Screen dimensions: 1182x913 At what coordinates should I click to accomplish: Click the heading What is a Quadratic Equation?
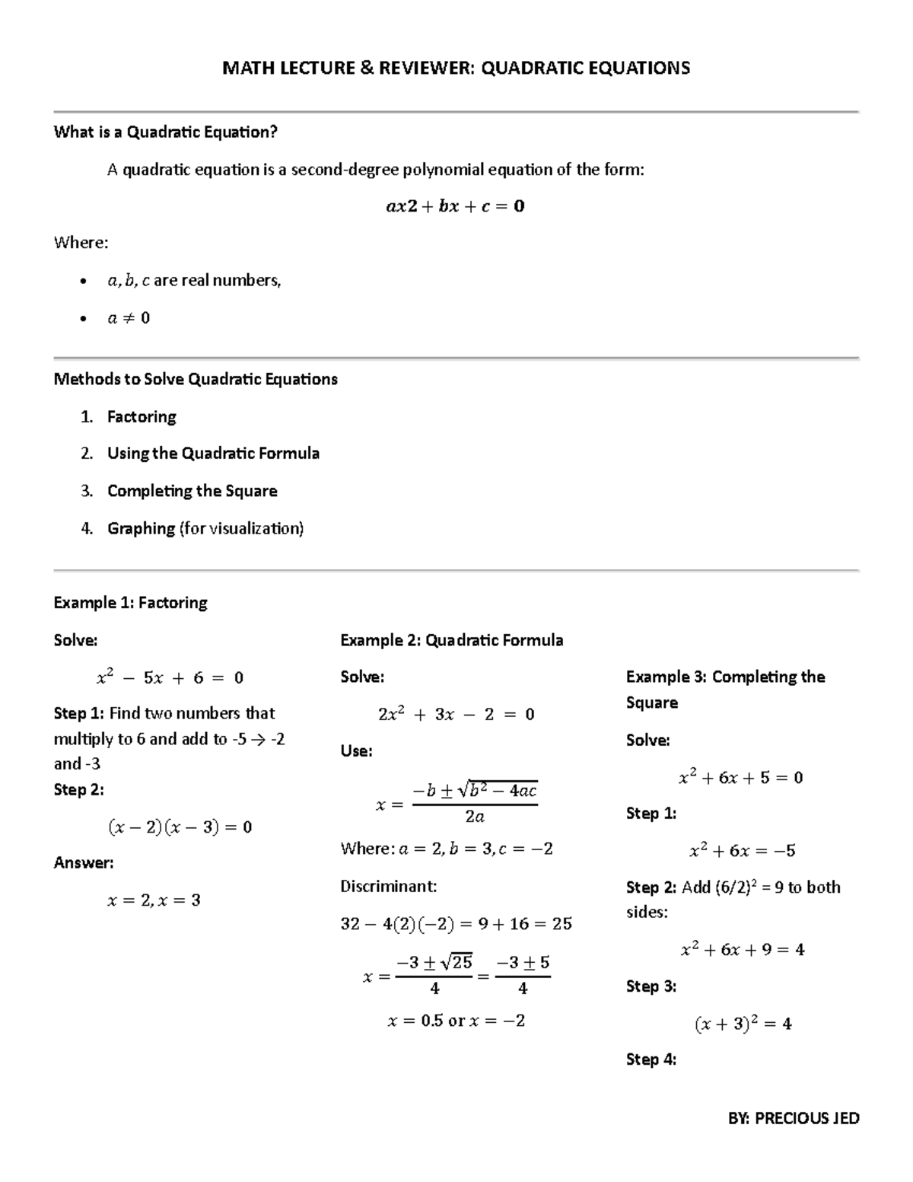165,132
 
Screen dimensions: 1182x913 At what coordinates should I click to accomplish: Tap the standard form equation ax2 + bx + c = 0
456,206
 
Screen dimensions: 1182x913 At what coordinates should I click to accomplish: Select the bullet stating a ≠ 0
129,318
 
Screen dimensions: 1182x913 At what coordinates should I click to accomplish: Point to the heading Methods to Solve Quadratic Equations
196,379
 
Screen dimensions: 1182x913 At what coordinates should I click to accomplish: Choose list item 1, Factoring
142,417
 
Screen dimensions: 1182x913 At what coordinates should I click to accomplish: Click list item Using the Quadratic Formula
213,454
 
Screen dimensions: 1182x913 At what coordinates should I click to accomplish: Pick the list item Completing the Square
192,491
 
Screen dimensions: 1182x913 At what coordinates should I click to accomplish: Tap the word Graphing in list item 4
141,528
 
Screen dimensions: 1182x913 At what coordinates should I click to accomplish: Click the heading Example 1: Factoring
130,603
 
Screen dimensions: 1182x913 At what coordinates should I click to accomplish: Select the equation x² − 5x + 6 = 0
170,677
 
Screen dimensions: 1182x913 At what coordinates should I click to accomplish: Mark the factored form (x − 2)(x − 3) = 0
180,827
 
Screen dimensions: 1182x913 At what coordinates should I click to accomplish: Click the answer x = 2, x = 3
154,900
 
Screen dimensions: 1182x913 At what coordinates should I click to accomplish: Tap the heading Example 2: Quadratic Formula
451,640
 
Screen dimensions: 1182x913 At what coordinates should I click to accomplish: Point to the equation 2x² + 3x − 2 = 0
456,714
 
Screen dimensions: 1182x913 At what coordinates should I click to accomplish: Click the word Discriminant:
388,886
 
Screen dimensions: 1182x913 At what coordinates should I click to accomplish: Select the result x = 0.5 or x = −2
456,1021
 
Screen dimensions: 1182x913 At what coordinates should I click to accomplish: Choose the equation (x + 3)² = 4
743,1024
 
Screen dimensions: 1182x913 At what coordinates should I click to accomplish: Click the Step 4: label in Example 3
651,1059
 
